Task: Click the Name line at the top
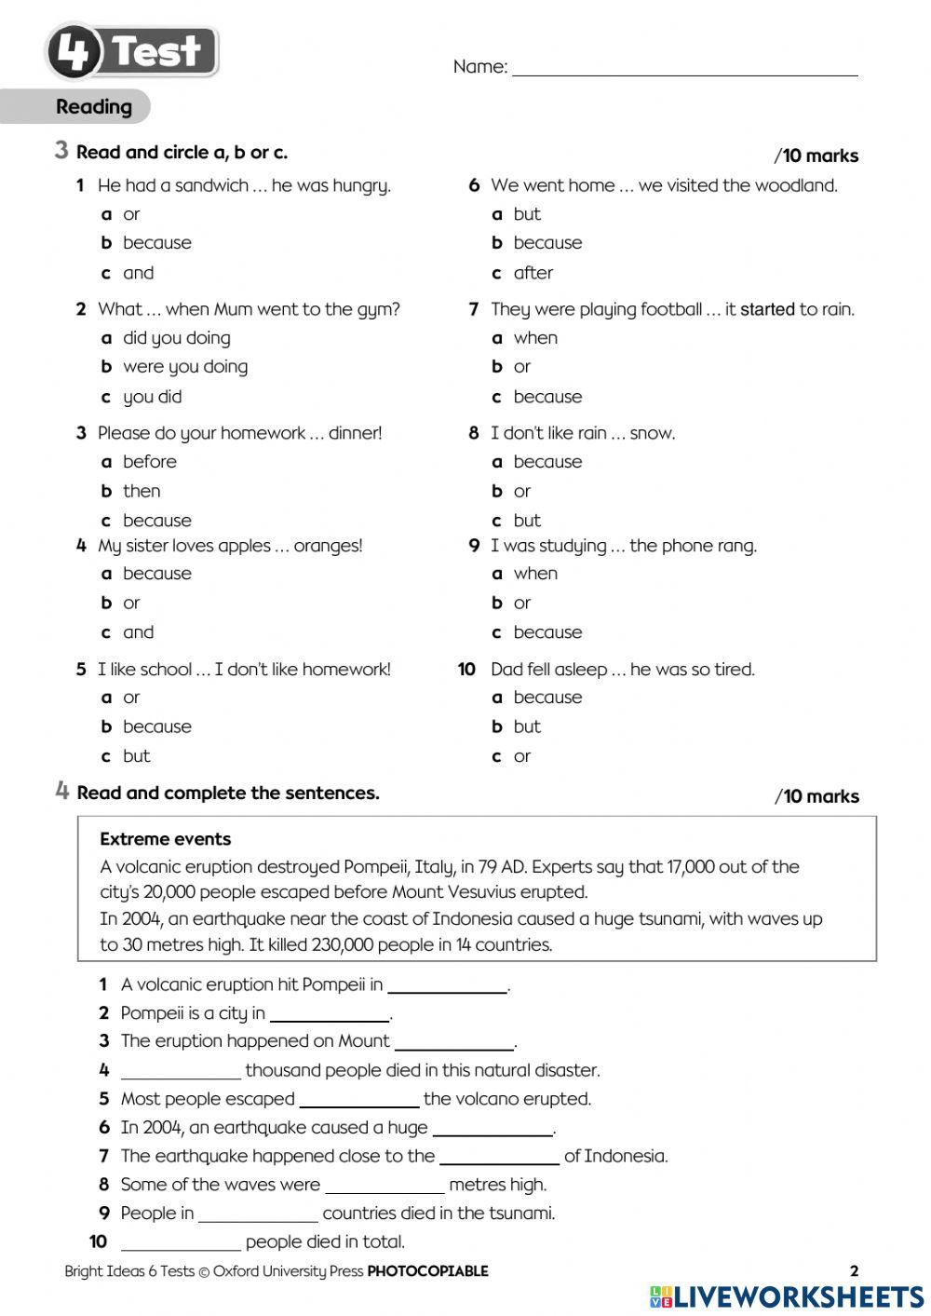[x=684, y=67]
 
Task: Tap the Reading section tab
[x=93, y=107]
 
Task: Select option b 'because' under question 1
[x=156, y=243]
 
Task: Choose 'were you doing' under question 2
[x=184, y=367]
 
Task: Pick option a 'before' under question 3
[x=149, y=462]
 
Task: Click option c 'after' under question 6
[x=533, y=273]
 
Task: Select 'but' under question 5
[x=136, y=756]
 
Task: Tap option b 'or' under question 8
[x=521, y=491]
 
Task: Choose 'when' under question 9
[x=535, y=574]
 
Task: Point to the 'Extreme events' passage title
[x=165, y=839]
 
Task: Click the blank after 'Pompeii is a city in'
[x=329, y=1013]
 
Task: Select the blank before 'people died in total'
[x=181, y=1241]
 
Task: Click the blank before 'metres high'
[x=385, y=1185]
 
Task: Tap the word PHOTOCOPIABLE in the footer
[x=427, y=1271]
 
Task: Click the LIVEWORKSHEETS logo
[x=787, y=1296]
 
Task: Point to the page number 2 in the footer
[x=854, y=1270]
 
